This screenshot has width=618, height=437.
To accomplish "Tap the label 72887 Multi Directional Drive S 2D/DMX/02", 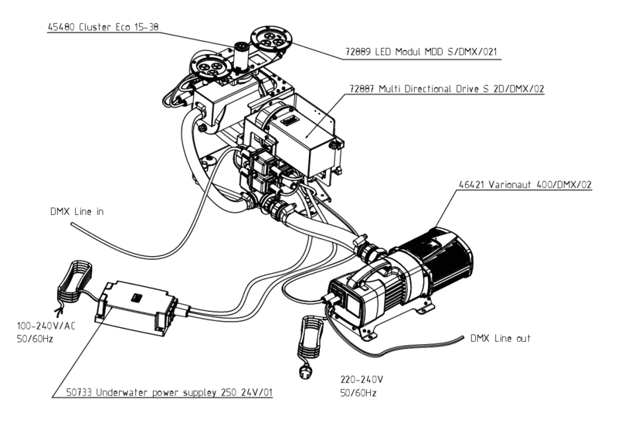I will point(447,89).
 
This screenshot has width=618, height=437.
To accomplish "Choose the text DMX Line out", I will point(501,339).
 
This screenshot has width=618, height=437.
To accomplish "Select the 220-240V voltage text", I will point(361,381).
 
